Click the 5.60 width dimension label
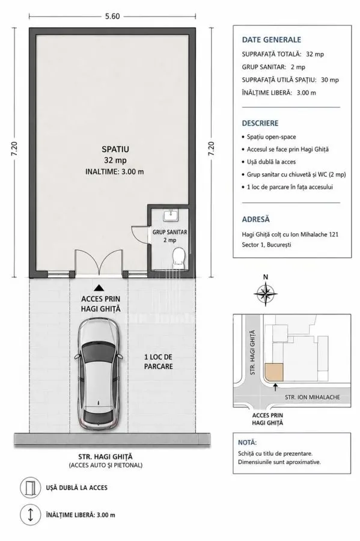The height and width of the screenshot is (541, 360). tap(112, 16)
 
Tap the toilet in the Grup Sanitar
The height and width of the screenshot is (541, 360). tap(179, 257)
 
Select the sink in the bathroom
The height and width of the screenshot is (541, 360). tap(171, 216)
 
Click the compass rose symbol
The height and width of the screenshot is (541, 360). tap(266, 293)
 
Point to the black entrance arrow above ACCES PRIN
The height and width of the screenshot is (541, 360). tap(99, 287)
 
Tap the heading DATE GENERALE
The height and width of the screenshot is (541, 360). tap(272, 40)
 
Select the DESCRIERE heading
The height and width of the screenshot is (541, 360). tap(260, 123)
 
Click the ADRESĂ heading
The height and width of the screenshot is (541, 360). tap(256, 219)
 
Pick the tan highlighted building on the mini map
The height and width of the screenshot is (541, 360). tap(274, 372)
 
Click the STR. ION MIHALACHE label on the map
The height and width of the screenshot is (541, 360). tap(313, 397)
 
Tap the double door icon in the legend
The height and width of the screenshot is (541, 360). tap(30, 488)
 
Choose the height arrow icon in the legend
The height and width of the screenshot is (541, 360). tap(30, 515)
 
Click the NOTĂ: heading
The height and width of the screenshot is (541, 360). tap(247, 442)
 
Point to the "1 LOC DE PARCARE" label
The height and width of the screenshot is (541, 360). tap(158, 362)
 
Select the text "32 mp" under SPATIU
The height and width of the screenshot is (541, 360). tap(115, 160)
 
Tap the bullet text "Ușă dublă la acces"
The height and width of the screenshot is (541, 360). tap(271, 162)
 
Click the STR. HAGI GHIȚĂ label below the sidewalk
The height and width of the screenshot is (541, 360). tap(105, 457)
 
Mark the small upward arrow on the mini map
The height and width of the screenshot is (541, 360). tap(275, 387)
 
